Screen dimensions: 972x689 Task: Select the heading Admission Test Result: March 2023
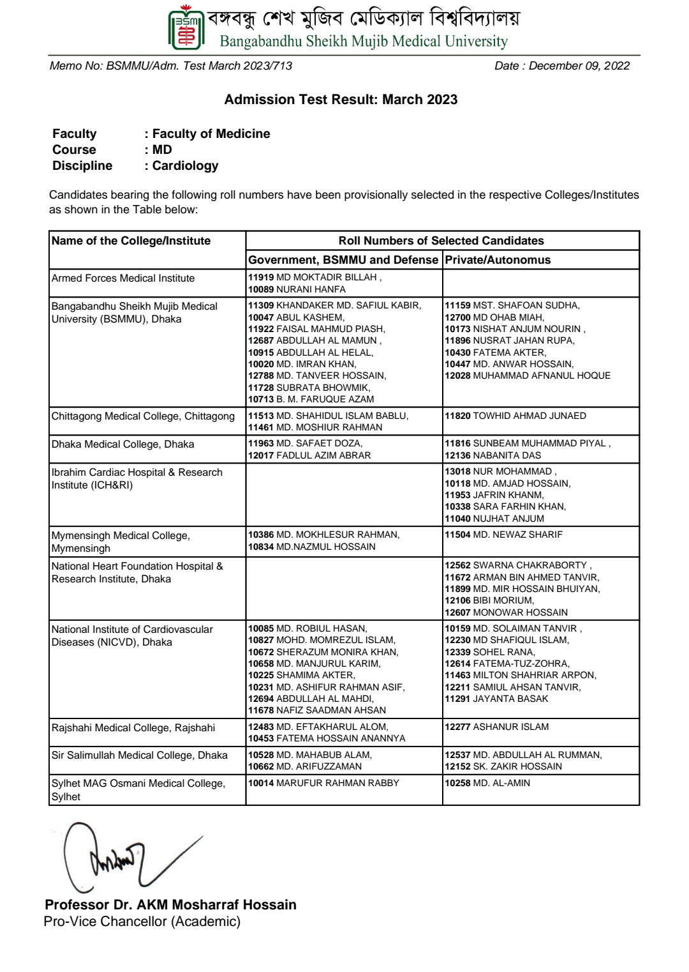click(341, 100)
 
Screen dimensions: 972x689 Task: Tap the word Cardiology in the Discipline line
click(185, 166)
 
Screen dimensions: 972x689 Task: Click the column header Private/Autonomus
click(498, 260)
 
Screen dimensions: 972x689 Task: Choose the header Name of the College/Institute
click(131, 241)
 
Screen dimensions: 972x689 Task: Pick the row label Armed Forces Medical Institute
click(123, 278)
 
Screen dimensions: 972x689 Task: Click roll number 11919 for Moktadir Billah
click(260, 278)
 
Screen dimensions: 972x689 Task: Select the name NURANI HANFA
click(311, 289)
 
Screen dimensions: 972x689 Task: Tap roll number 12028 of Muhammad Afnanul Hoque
click(457, 376)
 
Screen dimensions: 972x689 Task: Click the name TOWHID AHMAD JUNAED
click(530, 416)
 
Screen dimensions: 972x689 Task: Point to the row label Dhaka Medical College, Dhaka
click(122, 444)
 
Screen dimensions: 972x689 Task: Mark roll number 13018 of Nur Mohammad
click(457, 471)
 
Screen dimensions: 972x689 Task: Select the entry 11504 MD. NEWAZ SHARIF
click(503, 535)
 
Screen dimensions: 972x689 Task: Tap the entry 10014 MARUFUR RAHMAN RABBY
click(323, 783)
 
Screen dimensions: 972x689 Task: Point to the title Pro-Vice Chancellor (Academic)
click(142, 922)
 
